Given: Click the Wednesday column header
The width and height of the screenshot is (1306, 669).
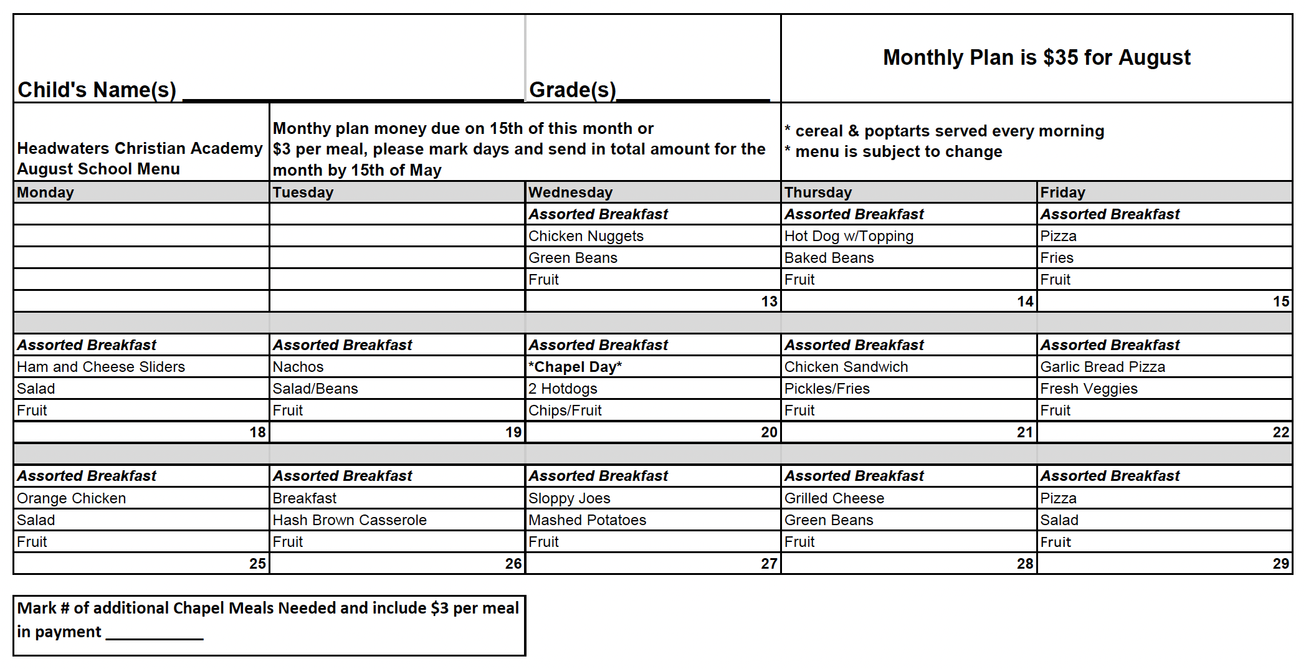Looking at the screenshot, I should (x=570, y=192).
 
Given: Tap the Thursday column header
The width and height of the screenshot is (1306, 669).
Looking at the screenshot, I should (x=817, y=192).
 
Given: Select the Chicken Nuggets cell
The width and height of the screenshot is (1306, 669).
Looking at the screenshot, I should (x=586, y=236).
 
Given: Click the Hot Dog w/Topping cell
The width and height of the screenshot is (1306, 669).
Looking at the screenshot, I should (x=849, y=236).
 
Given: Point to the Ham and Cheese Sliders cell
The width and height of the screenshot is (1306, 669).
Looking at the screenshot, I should (x=101, y=367).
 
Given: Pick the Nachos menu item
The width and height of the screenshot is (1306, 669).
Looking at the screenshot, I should (x=298, y=367).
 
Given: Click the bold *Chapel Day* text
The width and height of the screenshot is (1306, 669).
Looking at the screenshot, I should (x=574, y=367).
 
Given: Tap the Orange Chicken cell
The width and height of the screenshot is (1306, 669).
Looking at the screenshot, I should (x=71, y=498).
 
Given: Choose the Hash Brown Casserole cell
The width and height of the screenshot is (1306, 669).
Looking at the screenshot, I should (x=350, y=520).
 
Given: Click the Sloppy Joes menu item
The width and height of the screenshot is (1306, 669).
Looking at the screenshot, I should (x=569, y=498).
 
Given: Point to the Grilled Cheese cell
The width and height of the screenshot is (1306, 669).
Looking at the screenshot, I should (x=834, y=498).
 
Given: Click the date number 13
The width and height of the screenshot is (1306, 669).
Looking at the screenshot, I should (x=769, y=301).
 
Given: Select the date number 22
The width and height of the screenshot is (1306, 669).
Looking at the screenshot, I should (x=1280, y=432).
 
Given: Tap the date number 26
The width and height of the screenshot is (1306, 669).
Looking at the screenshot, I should (x=513, y=564).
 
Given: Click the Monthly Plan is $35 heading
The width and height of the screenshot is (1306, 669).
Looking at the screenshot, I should (x=1036, y=57).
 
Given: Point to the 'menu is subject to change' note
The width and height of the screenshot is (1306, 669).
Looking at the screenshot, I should (x=898, y=152).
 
